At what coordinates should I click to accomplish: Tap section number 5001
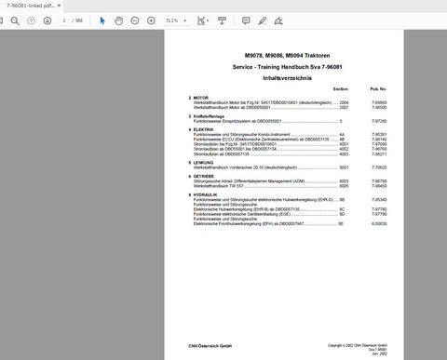[343, 167]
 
